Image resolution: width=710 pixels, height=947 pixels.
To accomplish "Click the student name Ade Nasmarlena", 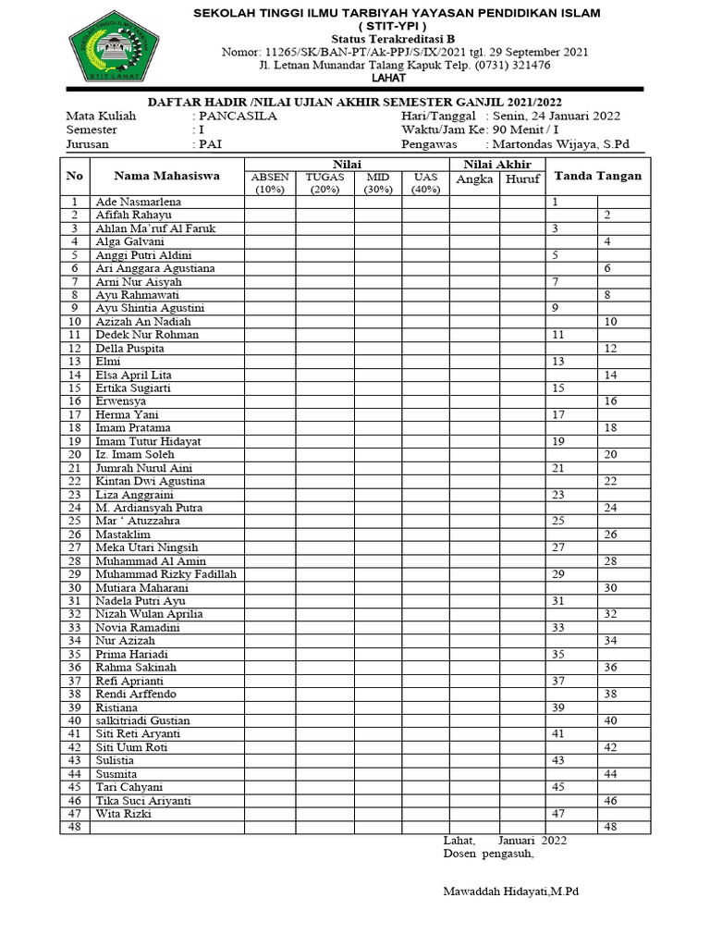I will tap(139, 202).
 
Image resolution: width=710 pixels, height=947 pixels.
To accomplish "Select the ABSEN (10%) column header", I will tap(270, 183).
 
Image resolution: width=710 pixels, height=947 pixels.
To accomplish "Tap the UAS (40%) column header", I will tap(425, 183).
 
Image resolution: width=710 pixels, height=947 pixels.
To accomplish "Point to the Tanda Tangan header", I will tap(597, 176).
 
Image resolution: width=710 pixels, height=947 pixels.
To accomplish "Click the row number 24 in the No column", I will tap(75, 508).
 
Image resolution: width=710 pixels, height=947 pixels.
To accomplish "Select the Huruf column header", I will tap(522, 179).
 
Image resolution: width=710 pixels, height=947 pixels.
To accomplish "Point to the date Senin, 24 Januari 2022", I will tap(559, 117).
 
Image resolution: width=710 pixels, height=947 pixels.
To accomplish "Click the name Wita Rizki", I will tap(123, 814).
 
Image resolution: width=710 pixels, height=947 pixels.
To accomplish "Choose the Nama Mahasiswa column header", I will tap(166, 176).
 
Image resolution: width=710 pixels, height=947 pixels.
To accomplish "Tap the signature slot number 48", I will tap(610, 827).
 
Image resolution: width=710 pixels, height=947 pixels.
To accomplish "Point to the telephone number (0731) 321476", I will tap(508, 66).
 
